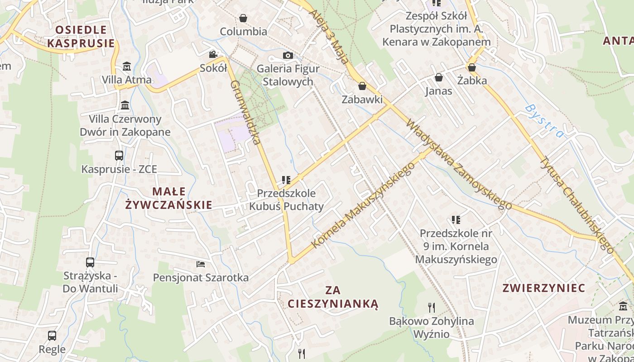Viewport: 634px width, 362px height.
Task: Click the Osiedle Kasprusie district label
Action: [x=81, y=37]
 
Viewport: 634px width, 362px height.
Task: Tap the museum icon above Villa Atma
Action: [x=127, y=67]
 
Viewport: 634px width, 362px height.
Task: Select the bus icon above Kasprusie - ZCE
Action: [x=119, y=156]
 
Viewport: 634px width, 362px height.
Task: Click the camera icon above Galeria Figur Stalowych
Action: [x=288, y=56]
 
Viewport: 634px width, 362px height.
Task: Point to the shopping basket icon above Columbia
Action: [x=243, y=18]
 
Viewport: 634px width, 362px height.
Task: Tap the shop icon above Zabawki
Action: [x=362, y=86]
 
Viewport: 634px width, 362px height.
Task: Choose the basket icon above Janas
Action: [x=438, y=77]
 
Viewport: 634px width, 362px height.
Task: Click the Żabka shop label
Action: [x=472, y=81]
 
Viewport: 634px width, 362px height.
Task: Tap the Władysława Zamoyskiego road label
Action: [x=458, y=164]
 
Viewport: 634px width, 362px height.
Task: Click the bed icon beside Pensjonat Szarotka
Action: [x=201, y=264]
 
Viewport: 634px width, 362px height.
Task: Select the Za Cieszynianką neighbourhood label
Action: [x=333, y=296]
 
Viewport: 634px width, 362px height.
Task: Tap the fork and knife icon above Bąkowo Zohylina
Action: [x=432, y=308]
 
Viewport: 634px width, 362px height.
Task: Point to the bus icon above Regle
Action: [x=52, y=336]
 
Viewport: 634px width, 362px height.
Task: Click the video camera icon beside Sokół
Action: [x=212, y=55]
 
